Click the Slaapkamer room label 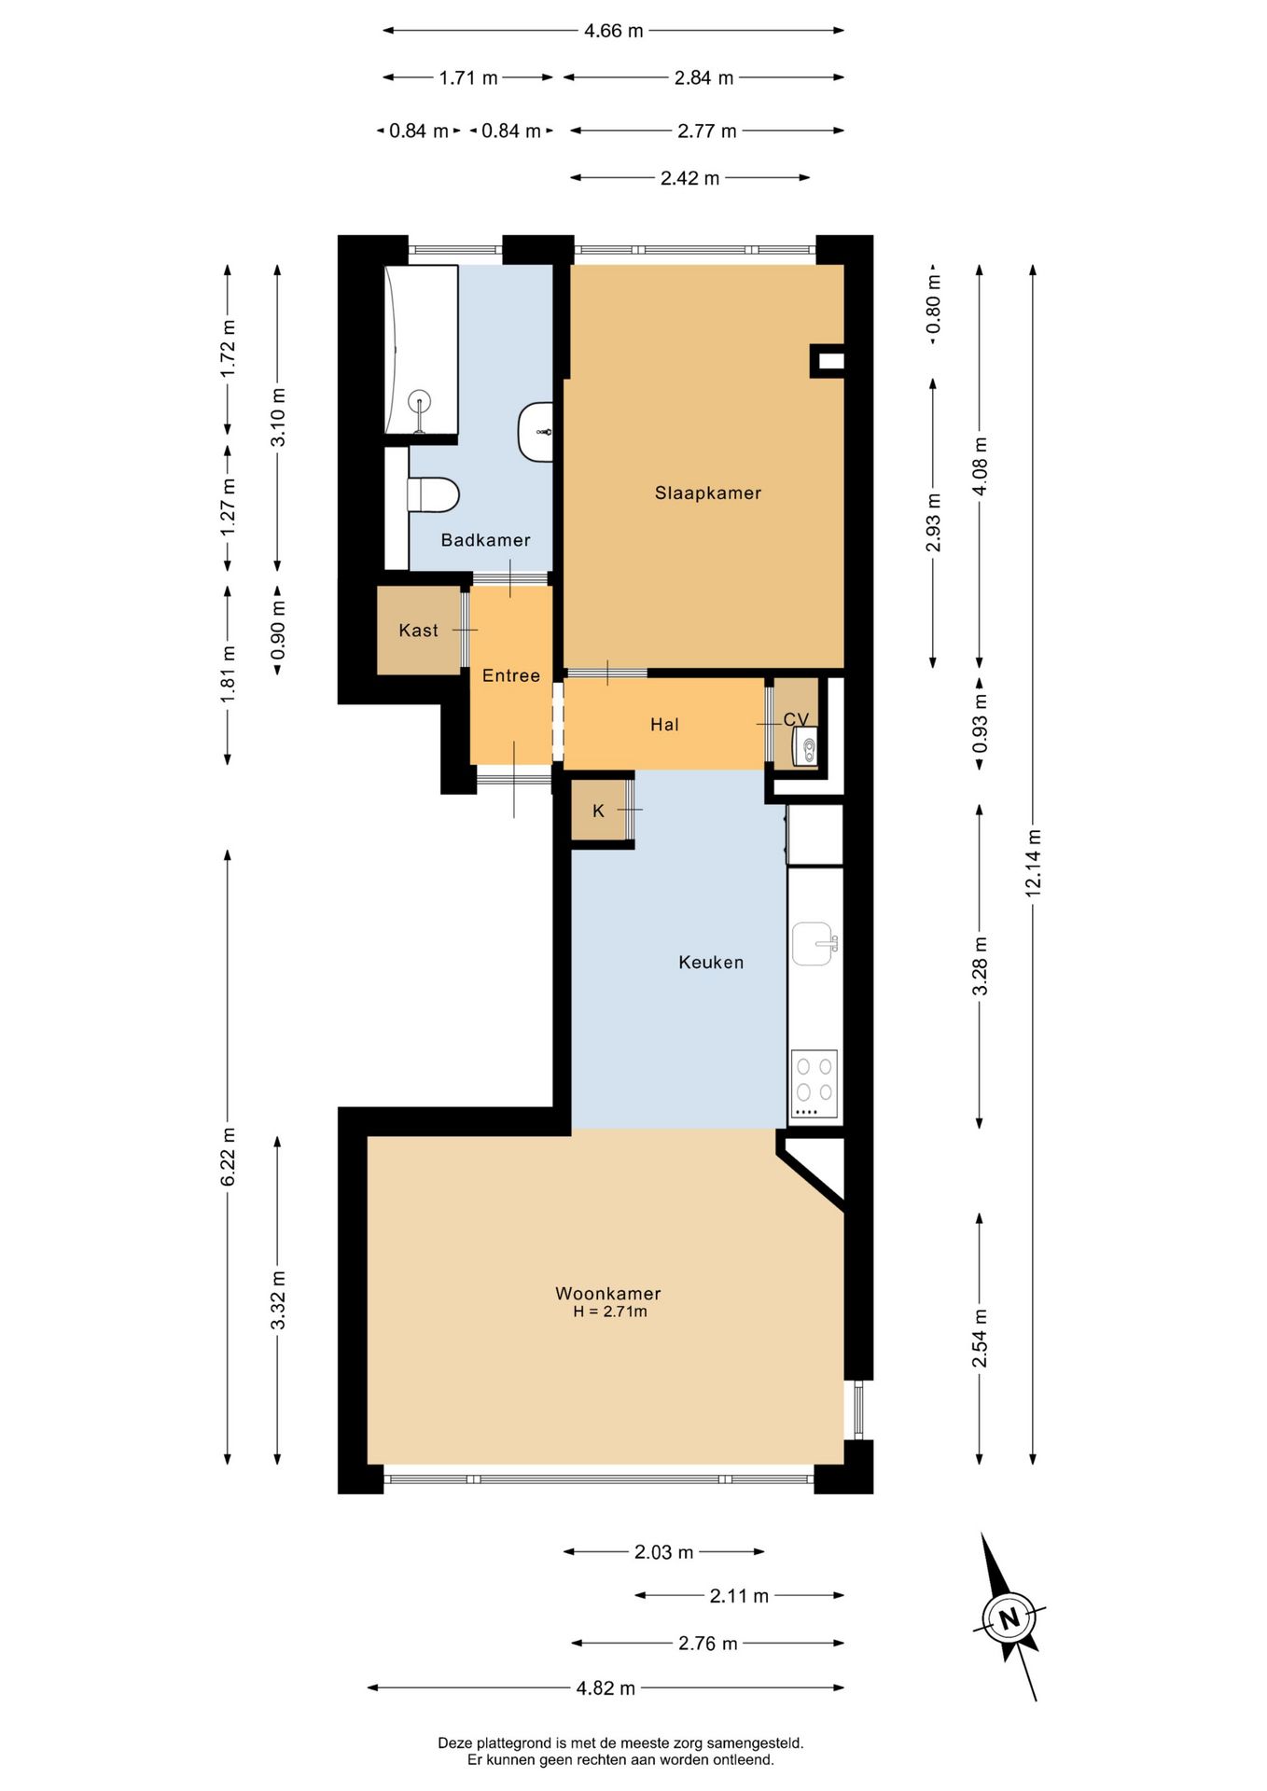(707, 493)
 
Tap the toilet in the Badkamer (434, 495)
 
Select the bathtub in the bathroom (421, 350)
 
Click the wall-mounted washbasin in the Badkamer (536, 432)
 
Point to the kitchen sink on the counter (814, 944)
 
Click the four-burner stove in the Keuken (814, 1084)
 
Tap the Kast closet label (418, 631)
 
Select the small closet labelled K (599, 811)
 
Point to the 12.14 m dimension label (1033, 863)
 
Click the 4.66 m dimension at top (613, 31)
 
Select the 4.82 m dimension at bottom (605, 1687)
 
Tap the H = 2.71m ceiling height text (609, 1312)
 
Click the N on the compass (1009, 1618)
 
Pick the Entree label (510, 675)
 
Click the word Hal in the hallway (664, 725)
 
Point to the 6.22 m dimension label (228, 1157)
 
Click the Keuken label (711, 962)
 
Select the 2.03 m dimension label (663, 1552)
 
